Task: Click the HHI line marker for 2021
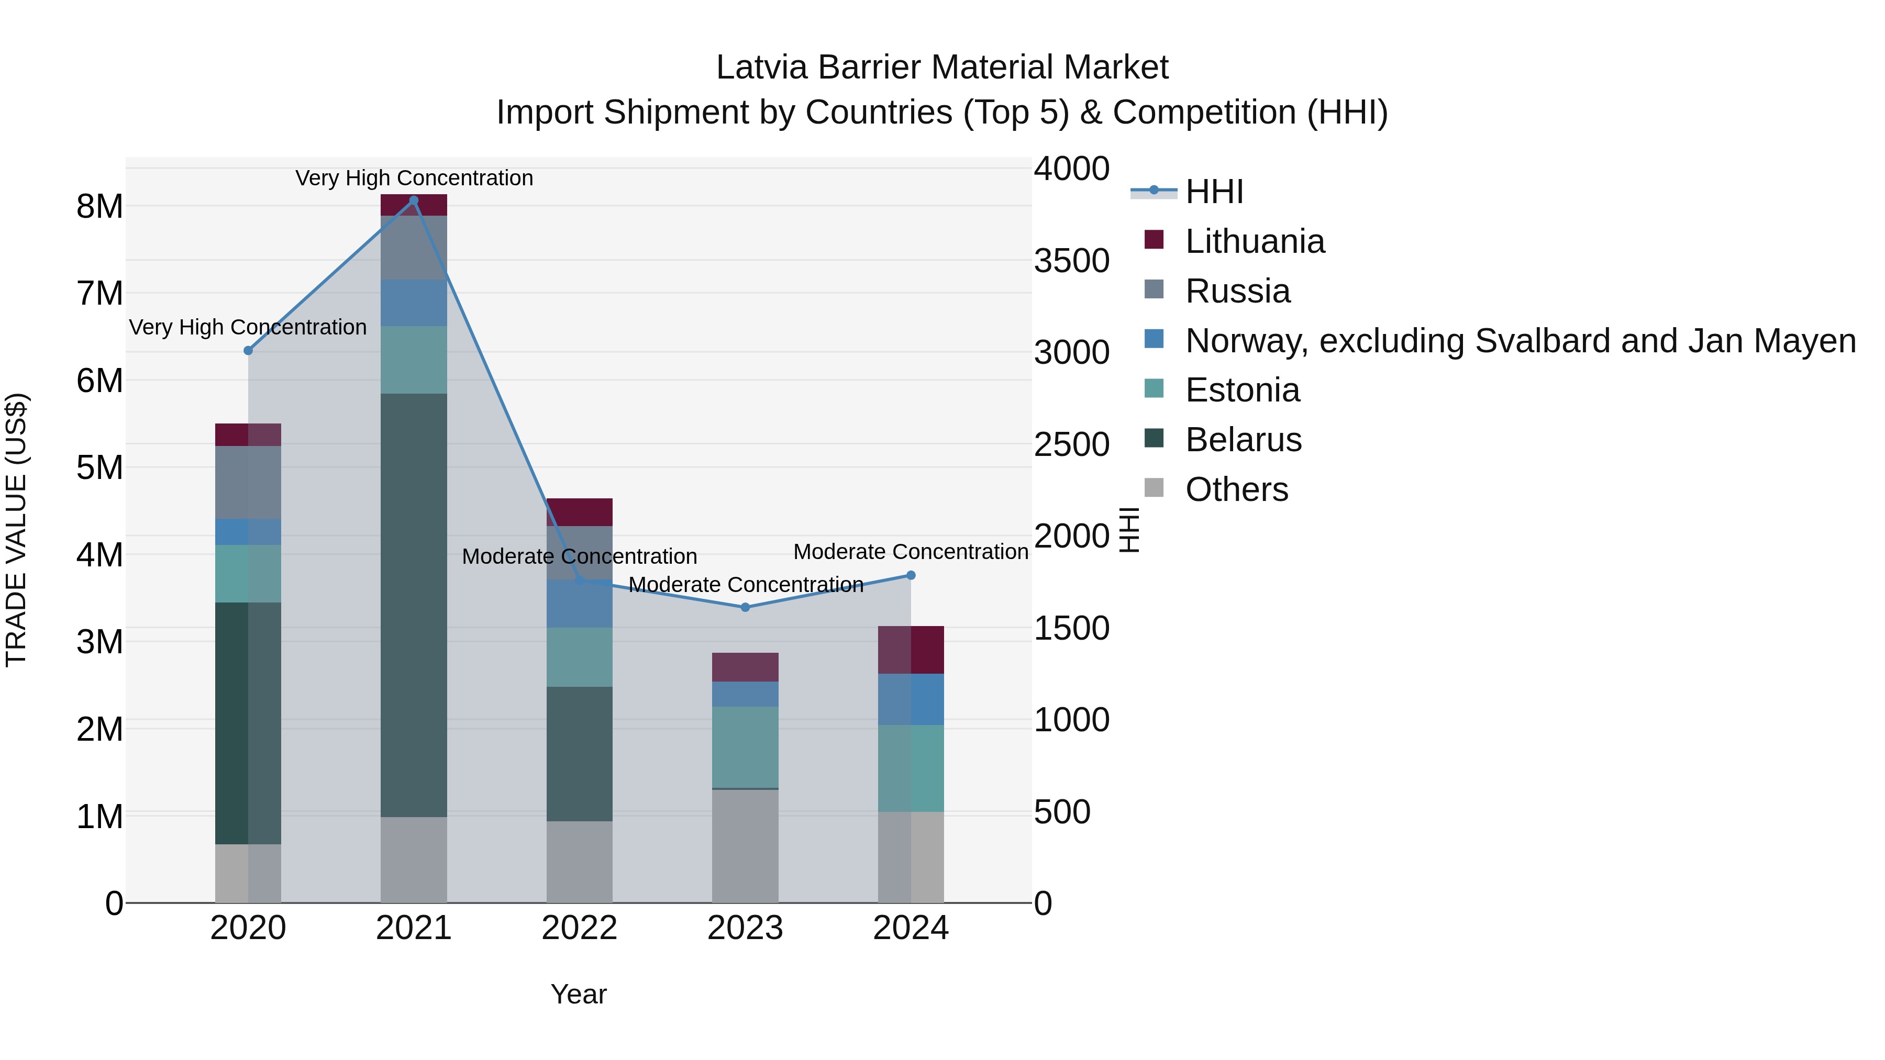tap(414, 200)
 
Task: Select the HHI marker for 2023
tap(745, 607)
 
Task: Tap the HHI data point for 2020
tap(248, 350)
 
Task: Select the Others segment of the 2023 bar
tap(745, 846)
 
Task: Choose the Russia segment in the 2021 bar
tap(414, 247)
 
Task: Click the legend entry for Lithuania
tap(1254, 241)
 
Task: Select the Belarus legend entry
tap(1243, 440)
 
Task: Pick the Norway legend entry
tap(1519, 341)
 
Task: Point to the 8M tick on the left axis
tap(99, 206)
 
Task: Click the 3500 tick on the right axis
tap(1071, 261)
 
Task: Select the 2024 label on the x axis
tap(911, 928)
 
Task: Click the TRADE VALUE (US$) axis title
tap(16, 530)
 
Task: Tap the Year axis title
tap(578, 994)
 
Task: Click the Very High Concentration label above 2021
tap(414, 178)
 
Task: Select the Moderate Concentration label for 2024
tap(911, 552)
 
